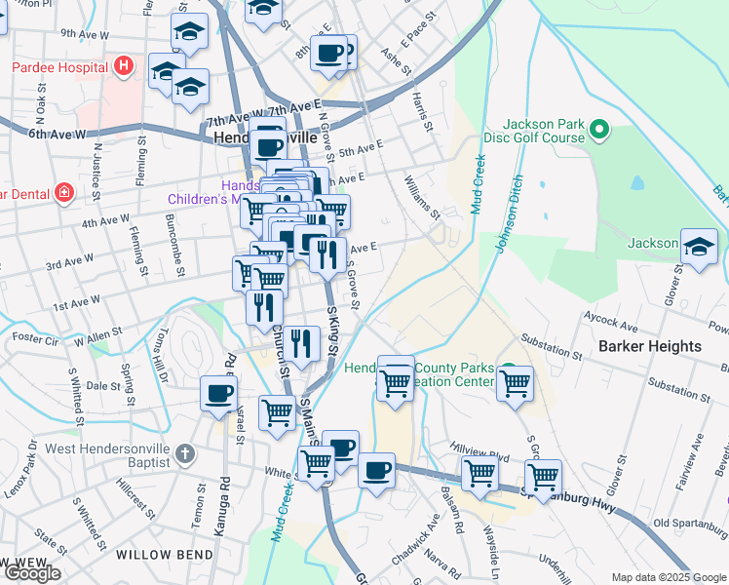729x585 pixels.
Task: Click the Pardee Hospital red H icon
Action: [x=123, y=67]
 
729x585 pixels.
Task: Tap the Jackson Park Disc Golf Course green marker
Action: [x=599, y=129]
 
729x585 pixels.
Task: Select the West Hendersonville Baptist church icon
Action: [x=185, y=454]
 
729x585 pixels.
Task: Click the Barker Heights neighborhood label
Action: [x=649, y=346]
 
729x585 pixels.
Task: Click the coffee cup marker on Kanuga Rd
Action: [x=218, y=394]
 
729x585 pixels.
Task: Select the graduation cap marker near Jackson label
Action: [x=698, y=247]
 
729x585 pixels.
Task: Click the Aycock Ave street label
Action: [x=610, y=317]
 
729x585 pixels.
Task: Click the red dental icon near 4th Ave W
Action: [x=63, y=193]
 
